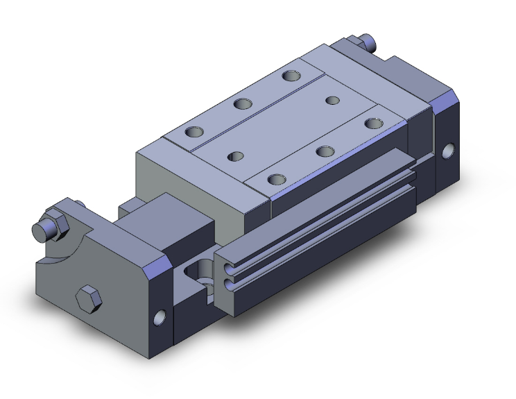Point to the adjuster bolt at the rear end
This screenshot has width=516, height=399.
368,43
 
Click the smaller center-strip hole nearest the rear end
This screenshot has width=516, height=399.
333,101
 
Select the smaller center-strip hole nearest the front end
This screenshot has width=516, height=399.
237,156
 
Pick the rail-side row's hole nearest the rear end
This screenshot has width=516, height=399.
374,124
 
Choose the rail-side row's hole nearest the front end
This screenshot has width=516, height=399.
277,179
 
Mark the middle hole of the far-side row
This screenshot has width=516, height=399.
243,103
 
